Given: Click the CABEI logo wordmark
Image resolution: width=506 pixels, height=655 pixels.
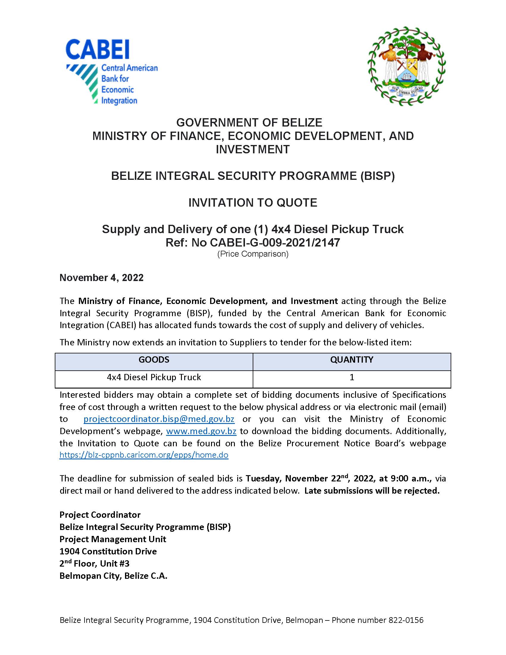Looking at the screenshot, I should coord(97,49).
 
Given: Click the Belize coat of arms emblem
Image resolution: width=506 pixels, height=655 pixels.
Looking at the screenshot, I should coord(407,66).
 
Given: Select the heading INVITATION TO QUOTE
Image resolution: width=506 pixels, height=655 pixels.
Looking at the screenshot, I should coord(253,203).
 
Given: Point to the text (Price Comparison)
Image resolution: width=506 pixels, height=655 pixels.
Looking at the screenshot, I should coord(253,254).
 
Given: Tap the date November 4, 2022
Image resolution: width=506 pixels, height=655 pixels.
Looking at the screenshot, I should coord(101,278).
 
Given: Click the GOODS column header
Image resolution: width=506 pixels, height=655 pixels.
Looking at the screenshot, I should coord(154,360).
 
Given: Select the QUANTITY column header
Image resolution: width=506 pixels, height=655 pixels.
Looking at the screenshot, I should coord(352,360).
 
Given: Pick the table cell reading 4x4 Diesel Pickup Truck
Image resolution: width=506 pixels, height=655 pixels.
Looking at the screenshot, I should coord(154,377).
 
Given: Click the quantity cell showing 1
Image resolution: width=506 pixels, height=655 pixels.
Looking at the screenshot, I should coord(352,377).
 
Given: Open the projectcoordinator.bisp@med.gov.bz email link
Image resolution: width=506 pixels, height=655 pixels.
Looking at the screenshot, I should coord(159,419).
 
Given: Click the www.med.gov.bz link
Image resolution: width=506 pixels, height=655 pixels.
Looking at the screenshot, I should coord(201,431).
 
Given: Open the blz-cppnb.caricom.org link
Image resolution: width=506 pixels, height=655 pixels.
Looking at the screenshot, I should coord(144,455).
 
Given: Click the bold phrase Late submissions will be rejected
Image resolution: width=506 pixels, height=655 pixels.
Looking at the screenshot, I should coord(372,491).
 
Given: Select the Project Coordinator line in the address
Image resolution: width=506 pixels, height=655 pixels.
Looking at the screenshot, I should coord(100,515).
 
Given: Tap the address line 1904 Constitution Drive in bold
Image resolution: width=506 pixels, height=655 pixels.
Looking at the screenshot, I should coord(108,551).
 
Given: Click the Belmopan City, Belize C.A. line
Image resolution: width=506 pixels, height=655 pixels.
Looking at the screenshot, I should coord(113,576).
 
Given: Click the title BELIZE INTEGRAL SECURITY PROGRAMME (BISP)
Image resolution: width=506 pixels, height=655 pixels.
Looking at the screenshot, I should coord(253,176).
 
